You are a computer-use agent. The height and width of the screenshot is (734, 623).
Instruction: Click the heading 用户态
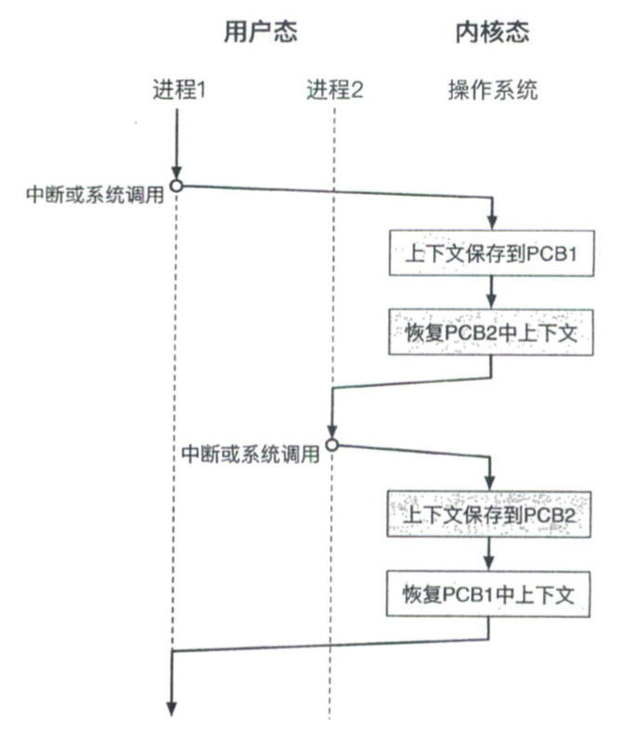click(x=260, y=32)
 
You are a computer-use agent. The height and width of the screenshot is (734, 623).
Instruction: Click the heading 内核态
click(x=492, y=32)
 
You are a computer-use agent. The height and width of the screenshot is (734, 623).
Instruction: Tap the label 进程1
click(x=179, y=89)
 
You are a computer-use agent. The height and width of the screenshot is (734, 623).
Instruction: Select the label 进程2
click(x=335, y=89)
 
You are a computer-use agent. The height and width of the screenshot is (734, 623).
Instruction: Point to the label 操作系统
click(x=493, y=89)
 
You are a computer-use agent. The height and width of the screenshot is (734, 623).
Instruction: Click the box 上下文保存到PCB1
click(x=491, y=254)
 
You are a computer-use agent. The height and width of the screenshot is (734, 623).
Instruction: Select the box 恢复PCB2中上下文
click(x=491, y=333)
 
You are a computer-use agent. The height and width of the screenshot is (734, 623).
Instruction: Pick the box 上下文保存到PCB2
click(x=488, y=514)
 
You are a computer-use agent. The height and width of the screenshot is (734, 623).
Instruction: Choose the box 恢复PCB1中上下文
click(x=488, y=594)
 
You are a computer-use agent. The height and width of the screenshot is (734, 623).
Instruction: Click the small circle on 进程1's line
click(x=176, y=186)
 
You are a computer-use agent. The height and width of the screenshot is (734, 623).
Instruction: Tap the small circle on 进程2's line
click(x=332, y=445)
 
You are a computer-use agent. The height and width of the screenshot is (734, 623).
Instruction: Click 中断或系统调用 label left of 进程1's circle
click(x=95, y=194)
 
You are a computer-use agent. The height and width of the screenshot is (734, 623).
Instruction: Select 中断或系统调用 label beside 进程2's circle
click(x=251, y=453)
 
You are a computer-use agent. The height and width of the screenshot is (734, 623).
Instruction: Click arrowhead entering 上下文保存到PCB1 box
click(x=492, y=222)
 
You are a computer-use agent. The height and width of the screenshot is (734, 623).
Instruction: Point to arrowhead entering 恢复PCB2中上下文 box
click(x=491, y=301)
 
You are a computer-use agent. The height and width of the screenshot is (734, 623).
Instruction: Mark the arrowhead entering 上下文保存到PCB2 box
click(x=489, y=482)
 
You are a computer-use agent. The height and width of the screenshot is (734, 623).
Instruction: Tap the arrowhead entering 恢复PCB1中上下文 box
click(x=489, y=562)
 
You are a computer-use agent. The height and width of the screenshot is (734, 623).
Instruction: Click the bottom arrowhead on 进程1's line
click(x=172, y=708)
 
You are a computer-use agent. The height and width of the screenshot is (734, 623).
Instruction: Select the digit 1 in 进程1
click(x=201, y=89)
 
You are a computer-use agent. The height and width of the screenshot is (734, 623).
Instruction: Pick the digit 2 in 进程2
click(x=357, y=89)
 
